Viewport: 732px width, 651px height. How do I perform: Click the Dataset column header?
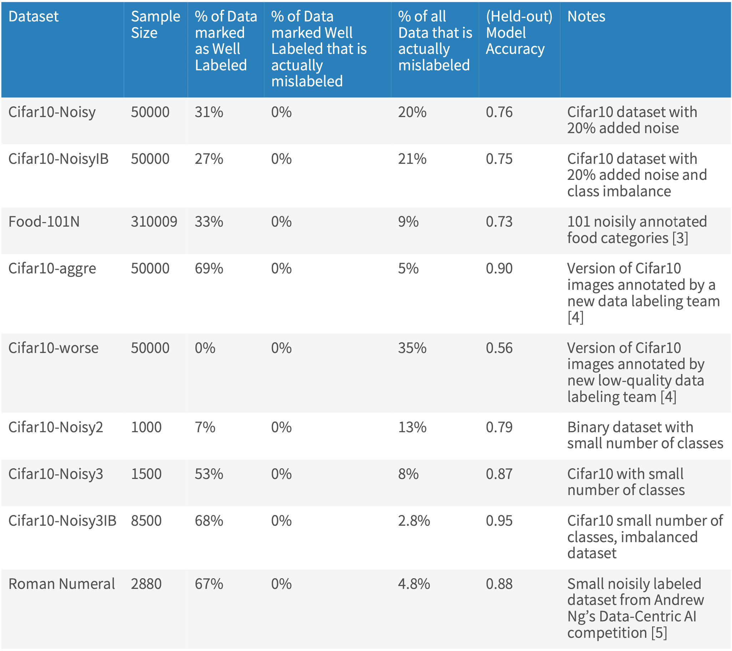pyautogui.click(x=33, y=16)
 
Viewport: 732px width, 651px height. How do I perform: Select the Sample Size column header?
pyautogui.click(x=155, y=24)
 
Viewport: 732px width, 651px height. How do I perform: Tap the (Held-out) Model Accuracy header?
pyautogui.click(x=519, y=32)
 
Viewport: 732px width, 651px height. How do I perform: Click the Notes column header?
pyautogui.click(x=586, y=16)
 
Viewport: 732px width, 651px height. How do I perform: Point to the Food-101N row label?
pyautogui.click(x=44, y=222)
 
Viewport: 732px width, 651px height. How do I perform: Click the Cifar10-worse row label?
pyautogui.click(x=53, y=348)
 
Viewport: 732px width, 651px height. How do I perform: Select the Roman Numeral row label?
pyautogui.click(x=61, y=584)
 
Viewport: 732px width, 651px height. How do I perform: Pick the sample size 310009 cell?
pyautogui.click(x=154, y=222)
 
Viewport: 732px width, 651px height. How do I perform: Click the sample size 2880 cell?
pyautogui.click(x=146, y=584)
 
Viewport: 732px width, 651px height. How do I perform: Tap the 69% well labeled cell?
pyautogui.click(x=209, y=268)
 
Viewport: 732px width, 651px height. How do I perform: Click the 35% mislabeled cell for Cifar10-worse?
pyautogui.click(x=412, y=348)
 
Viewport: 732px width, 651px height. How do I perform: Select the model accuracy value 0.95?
pyautogui.click(x=499, y=521)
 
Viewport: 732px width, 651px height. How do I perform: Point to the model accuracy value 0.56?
pyautogui.click(x=499, y=348)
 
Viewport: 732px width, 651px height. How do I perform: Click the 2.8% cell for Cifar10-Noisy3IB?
pyautogui.click(x=414, y=521)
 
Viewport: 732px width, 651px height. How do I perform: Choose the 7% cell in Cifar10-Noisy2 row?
pyautogui.click(x=205, y=427)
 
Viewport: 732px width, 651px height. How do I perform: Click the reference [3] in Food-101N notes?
pyautogui.click(x=680, y=238)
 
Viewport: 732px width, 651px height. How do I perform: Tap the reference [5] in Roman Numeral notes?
pyautogui.click(x=659, y=632)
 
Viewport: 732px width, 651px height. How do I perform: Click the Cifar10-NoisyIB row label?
pyautogui.click(x=58, y=159)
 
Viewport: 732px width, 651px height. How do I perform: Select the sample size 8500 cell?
pyautogui.click(x=146, y=521)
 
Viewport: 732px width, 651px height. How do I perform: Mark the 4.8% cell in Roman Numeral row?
pyautogui.click(x=414, y=584)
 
